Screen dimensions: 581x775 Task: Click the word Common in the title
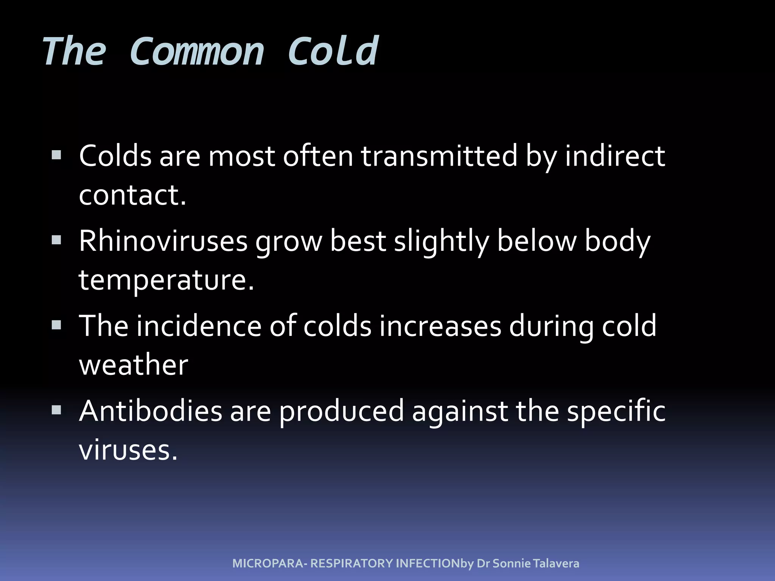coord(196,52)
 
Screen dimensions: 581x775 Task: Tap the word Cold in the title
coord(333,52)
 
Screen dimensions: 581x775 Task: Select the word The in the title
coord(74,52)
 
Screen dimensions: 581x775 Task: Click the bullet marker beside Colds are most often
coord(56,155)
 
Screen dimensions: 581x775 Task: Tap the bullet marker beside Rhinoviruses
coord(56,240)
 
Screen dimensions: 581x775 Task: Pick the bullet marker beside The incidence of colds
coord(56,325)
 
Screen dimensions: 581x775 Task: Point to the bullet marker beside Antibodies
coord(56,410)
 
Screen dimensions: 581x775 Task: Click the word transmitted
coord(439,156)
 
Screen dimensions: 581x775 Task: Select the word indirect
coord(615,156)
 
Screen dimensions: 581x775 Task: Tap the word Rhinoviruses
coord(163,241)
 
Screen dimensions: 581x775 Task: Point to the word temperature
coord(166,281)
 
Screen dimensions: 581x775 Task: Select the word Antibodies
coord(151,411)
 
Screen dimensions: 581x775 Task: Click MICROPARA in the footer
coord(268,564)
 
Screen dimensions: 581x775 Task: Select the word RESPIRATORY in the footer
coord(352,564)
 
